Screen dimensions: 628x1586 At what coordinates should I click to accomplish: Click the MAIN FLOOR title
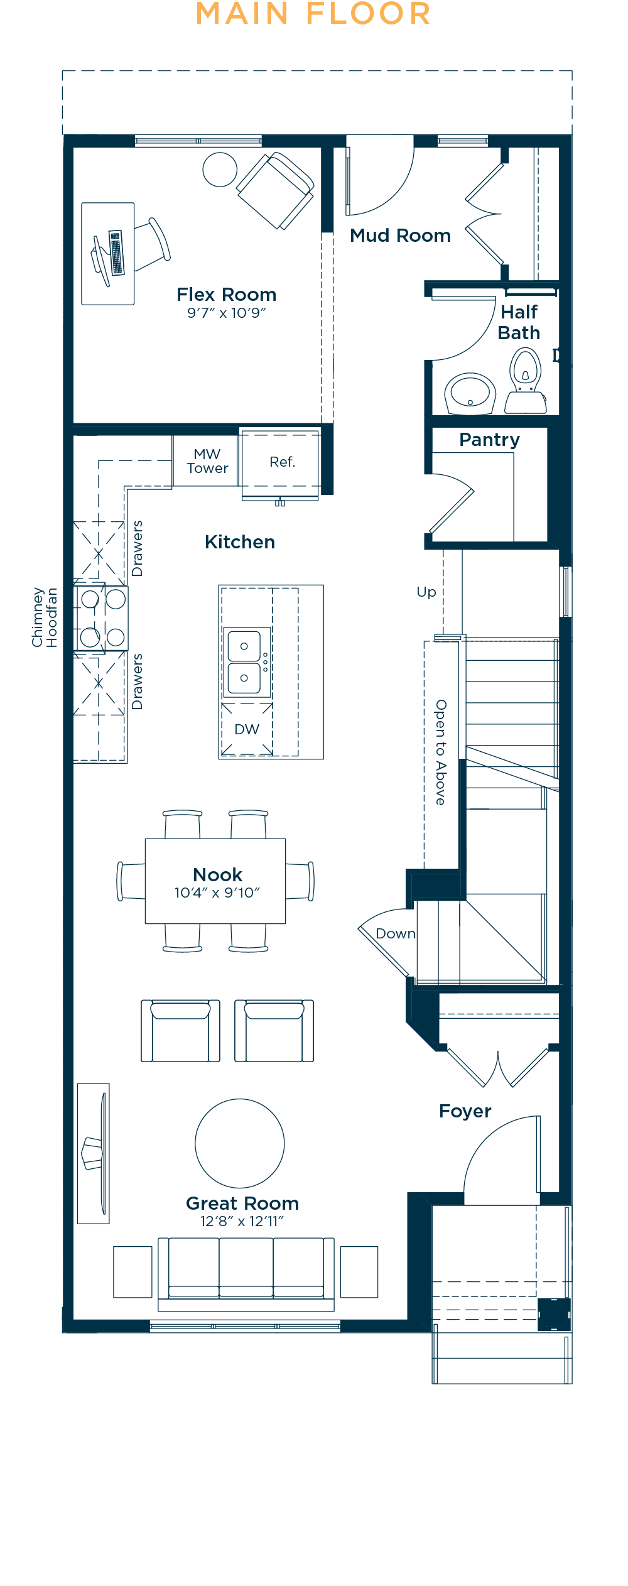[x=313, y=14]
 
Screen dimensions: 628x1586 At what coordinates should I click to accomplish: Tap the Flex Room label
[x=227, y=295]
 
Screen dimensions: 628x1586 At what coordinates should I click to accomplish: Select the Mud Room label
[x=401, y=236]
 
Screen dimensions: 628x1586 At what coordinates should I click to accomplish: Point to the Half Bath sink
[x=470, y=393]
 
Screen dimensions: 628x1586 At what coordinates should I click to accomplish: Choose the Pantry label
[x=490, y=440]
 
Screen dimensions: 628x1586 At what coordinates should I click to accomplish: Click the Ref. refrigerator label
[x=283, y=462]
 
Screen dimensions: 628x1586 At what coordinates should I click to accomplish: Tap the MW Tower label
[x=207, y=461]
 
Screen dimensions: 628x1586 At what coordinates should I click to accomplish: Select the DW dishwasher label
[x=247, y=729]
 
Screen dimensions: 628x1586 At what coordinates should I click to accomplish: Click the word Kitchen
[x=240, y=542]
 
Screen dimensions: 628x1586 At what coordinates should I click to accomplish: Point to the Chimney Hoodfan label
[x=44, y=617]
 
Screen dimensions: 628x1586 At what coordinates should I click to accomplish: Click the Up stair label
[x=426, y=592]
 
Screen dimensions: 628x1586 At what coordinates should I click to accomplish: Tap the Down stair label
[x=396, y=933]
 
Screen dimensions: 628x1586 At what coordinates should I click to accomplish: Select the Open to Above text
[x=441, y=752]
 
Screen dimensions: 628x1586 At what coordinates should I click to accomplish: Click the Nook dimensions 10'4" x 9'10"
[x=217, y=893]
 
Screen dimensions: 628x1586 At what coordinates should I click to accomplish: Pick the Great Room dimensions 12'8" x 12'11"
[x=242, y=1221]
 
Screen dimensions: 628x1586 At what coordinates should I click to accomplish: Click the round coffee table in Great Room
[x=240, y=1143]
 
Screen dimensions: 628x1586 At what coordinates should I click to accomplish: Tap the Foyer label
[x=465, y=1111]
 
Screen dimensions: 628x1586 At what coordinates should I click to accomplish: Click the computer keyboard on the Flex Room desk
[x=116, y=253]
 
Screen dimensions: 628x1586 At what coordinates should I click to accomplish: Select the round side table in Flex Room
[x=220, y=170]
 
